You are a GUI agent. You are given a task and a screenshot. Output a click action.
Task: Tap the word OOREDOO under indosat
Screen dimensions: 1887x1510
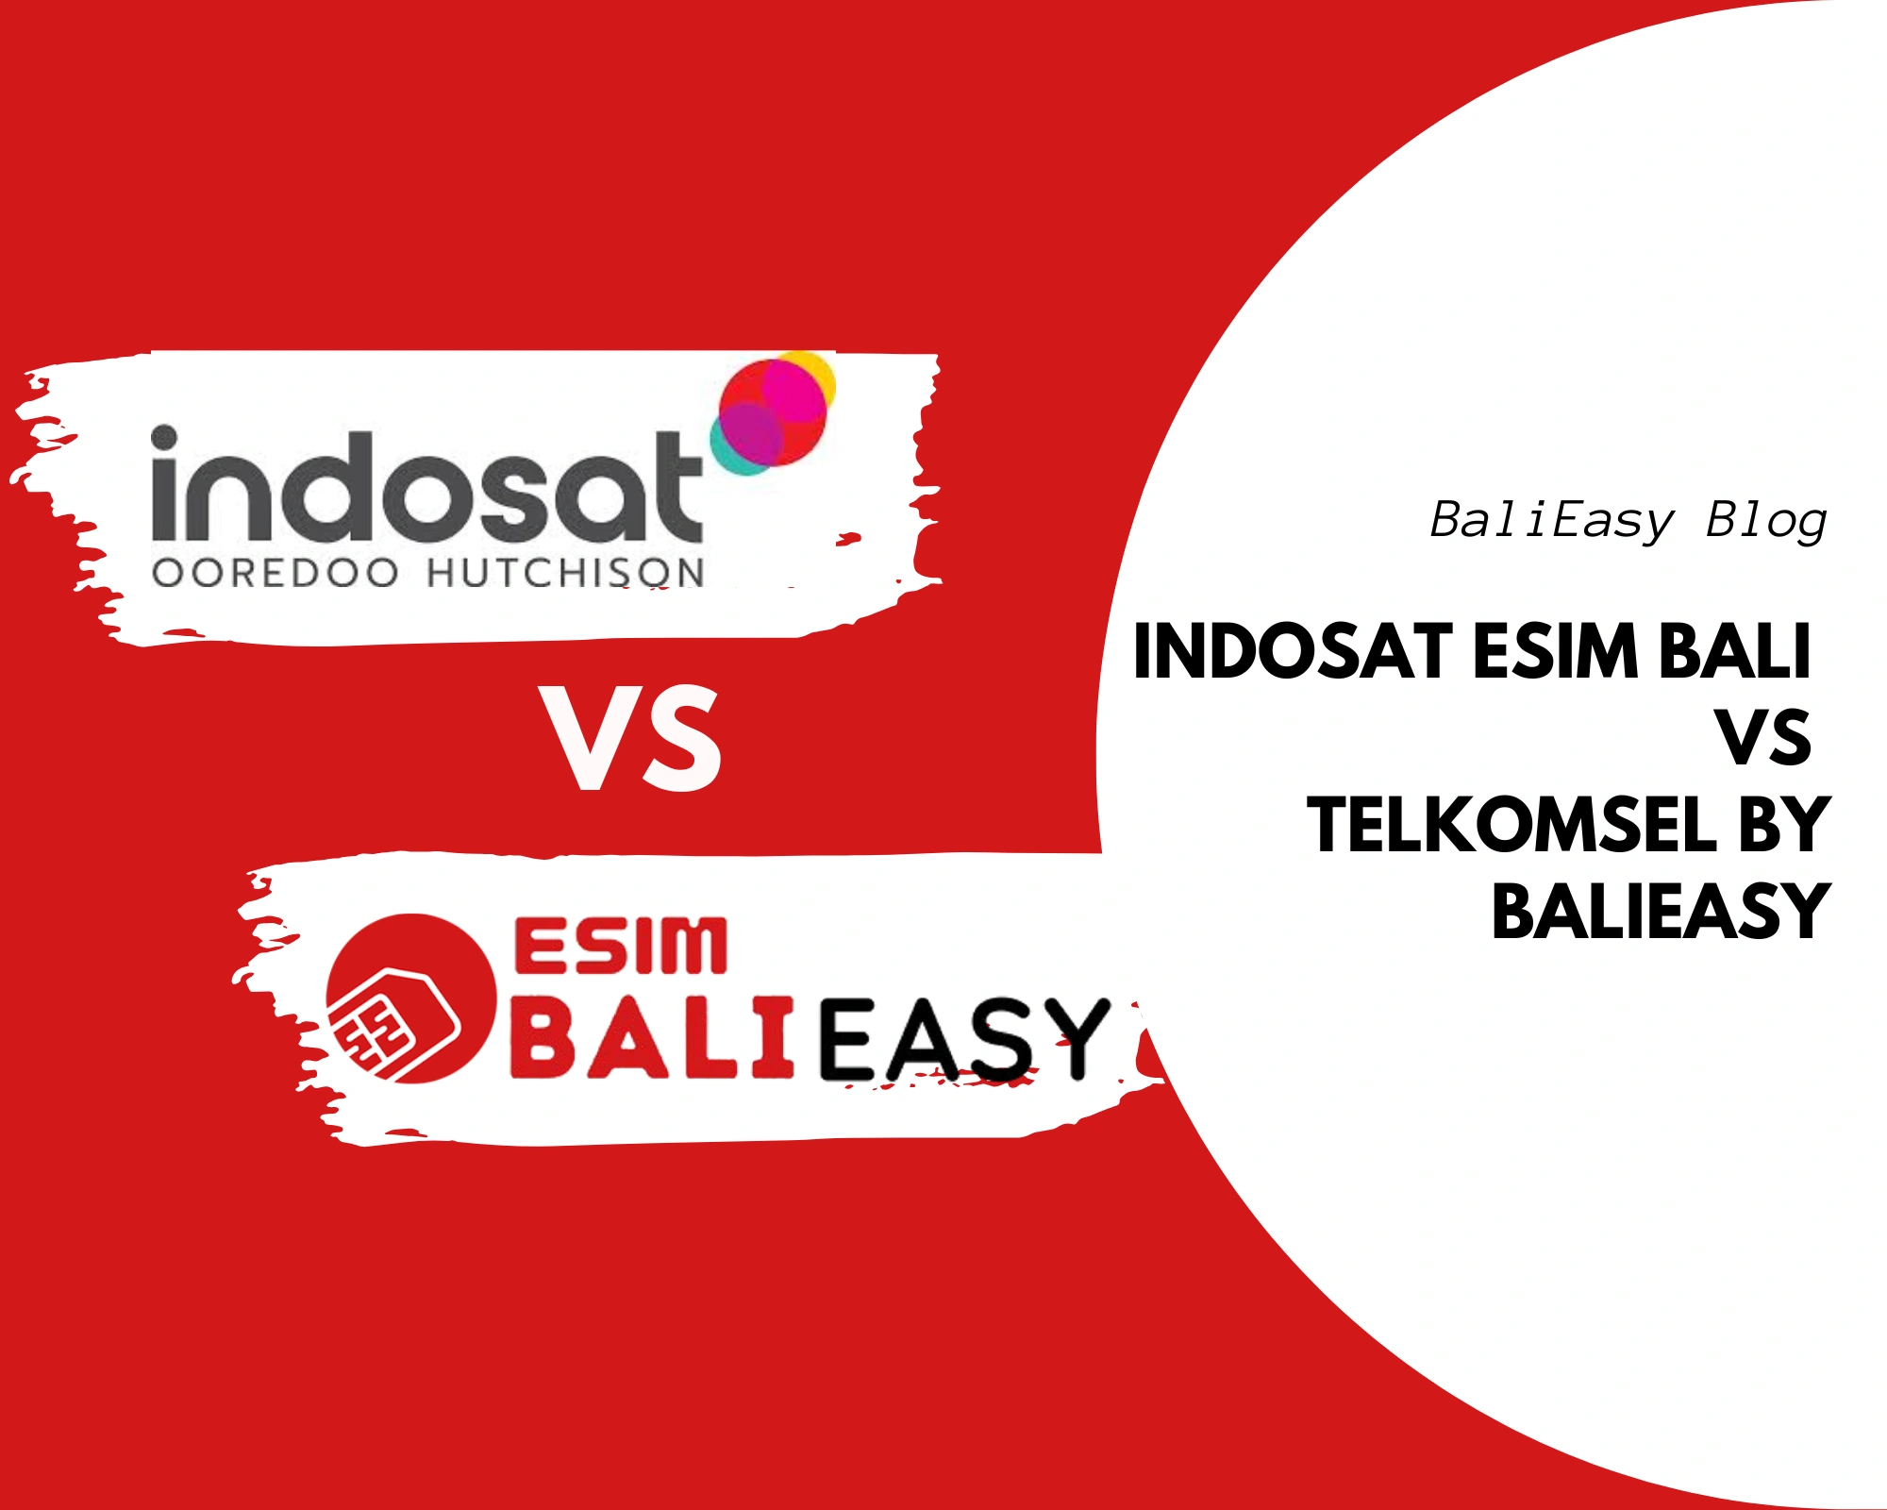[x=275, y=574]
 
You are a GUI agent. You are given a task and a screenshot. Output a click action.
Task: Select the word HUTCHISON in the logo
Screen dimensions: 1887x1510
[x=565, y=574]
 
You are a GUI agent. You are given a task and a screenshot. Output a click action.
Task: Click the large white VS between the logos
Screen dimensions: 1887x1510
[x=630, y=738]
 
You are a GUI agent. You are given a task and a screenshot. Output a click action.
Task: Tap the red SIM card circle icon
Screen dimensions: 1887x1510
[x=411, y=998]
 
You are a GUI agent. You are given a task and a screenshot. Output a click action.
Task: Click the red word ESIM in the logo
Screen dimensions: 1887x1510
[x=621, y=946]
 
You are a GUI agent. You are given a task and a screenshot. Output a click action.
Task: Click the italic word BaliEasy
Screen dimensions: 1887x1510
[x=1551, y=521]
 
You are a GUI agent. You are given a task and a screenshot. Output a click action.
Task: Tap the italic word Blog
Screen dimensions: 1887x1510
[x=1766, y=521]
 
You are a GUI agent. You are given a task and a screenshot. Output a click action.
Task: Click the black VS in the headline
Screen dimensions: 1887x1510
[x=1764, y=738]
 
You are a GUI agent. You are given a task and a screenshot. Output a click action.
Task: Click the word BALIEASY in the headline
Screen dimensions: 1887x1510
[x=1662, y=911]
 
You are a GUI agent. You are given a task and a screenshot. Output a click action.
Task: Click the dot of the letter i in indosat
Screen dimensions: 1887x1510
[x=164, y=439]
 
